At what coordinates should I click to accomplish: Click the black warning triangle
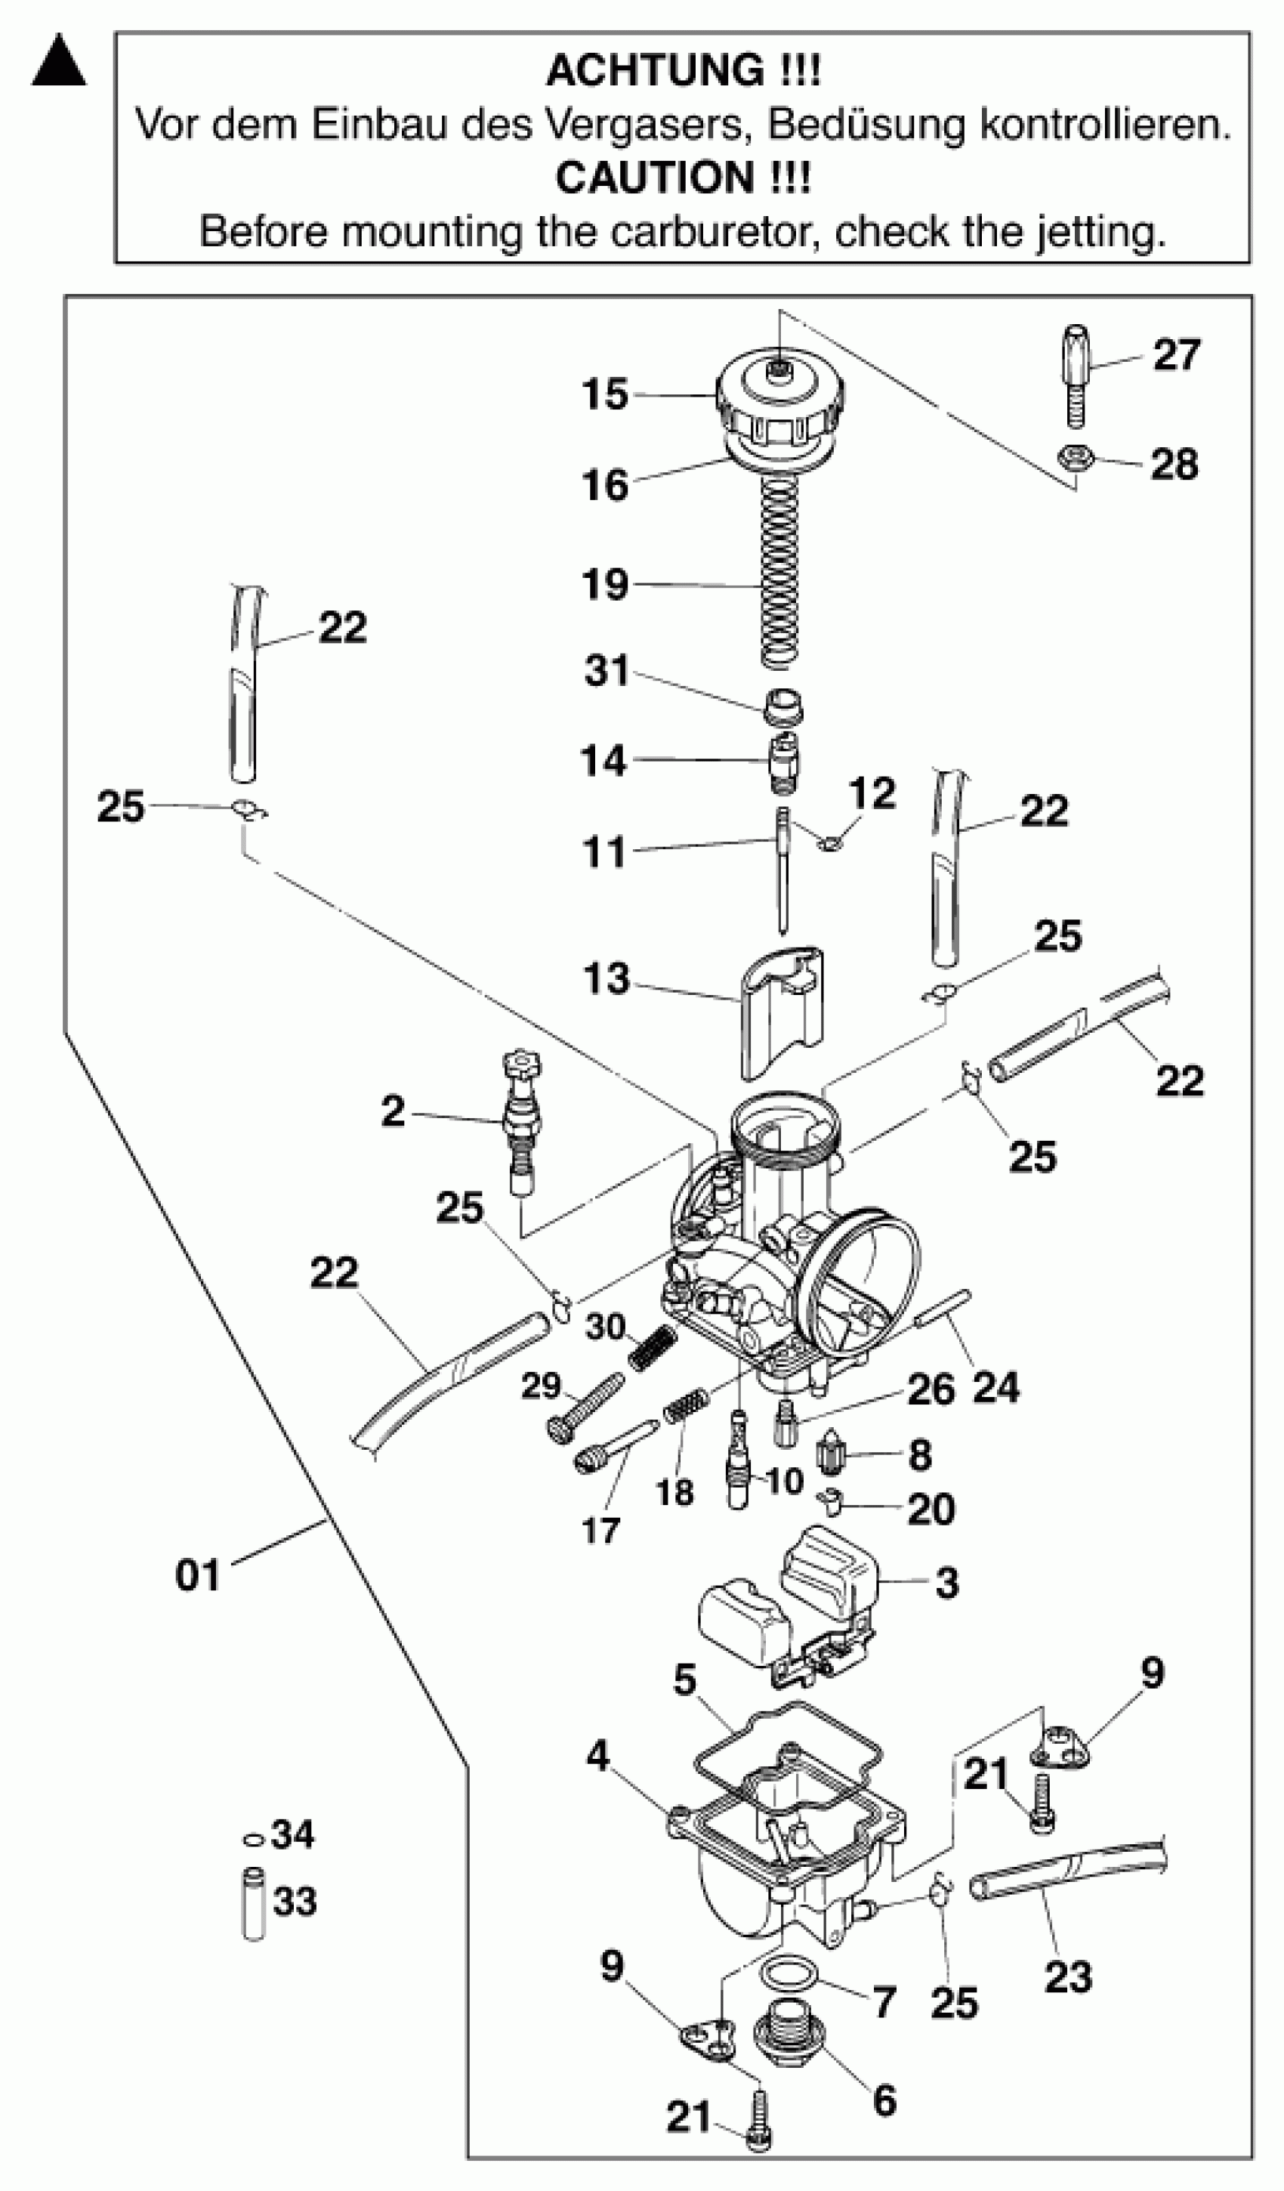[x=59, y=63]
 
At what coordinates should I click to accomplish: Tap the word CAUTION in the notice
[x=655, y=178]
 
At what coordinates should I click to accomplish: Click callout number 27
[x=1176, y=356]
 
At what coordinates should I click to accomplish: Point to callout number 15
[x=605, y=394]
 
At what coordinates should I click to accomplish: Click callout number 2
[x=393, y=1111]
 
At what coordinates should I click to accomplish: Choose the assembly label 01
[x=197, y=1575]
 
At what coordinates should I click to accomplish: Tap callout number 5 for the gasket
[x=685, y=1680]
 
